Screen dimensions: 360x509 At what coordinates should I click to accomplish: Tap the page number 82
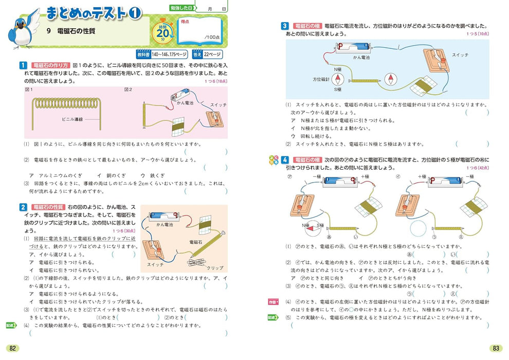click(13, 348)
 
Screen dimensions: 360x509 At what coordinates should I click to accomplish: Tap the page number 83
click(496, 348)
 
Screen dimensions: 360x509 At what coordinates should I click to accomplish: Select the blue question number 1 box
click(23, 65)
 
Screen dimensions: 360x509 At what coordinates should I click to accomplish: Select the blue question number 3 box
click(284, 26)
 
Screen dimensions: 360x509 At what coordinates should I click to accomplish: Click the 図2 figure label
click(128, 89)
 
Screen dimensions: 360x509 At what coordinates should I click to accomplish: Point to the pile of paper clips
click(197, 262)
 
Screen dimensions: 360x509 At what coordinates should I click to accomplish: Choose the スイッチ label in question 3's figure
click(460, 55)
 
